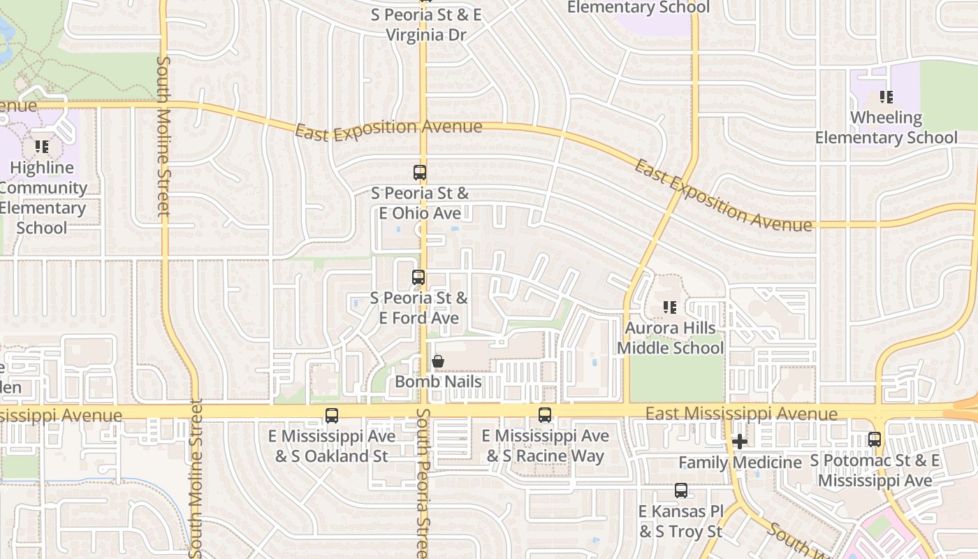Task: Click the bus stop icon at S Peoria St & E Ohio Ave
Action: tap(420, 172)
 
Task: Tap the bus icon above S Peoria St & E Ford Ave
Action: tap(418, 277)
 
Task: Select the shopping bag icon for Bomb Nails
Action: tap(438, 361)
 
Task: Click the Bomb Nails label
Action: tap(438, 382)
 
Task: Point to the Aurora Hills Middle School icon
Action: tap(670, 307)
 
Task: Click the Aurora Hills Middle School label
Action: tap(670, 337)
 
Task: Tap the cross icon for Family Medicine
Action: tap(740, 442)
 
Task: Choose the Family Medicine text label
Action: tap(740, 462)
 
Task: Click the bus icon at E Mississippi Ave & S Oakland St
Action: tap(332, 416)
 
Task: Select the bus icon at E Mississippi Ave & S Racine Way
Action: tap(545, 415)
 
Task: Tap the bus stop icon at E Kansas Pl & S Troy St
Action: tap(681, 491)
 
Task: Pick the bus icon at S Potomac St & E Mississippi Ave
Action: tap(875, 440)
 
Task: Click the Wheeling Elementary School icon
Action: tap(886, 97)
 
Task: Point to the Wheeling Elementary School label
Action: tap(886, 127)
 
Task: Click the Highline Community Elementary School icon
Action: tap(42, 147)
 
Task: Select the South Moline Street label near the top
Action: tap(163, 136)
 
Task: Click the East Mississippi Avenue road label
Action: tap(741, 414)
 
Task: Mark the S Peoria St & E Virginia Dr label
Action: tap(425, 24)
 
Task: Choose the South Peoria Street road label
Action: tap(423, 482)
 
